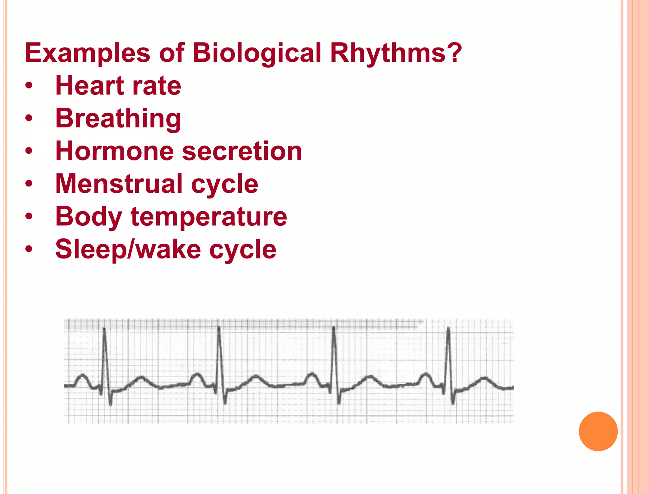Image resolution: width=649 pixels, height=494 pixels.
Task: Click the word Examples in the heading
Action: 87,53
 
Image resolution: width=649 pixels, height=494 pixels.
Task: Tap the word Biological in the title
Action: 257,53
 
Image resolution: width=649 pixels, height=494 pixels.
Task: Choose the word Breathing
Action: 118,119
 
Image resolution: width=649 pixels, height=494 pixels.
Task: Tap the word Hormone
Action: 114,151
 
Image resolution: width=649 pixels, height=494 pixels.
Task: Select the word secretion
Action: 242,151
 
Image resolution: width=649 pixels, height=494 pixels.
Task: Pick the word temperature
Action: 209,217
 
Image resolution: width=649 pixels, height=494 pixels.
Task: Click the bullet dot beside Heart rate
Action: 29,86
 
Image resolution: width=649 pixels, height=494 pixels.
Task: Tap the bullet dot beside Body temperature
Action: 29,217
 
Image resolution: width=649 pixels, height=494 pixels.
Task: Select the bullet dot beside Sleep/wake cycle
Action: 29,250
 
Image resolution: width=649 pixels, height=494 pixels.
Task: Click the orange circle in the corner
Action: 598,431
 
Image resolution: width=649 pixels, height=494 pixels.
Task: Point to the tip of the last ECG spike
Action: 448,328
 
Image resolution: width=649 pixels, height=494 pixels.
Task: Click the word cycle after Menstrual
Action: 225,185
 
